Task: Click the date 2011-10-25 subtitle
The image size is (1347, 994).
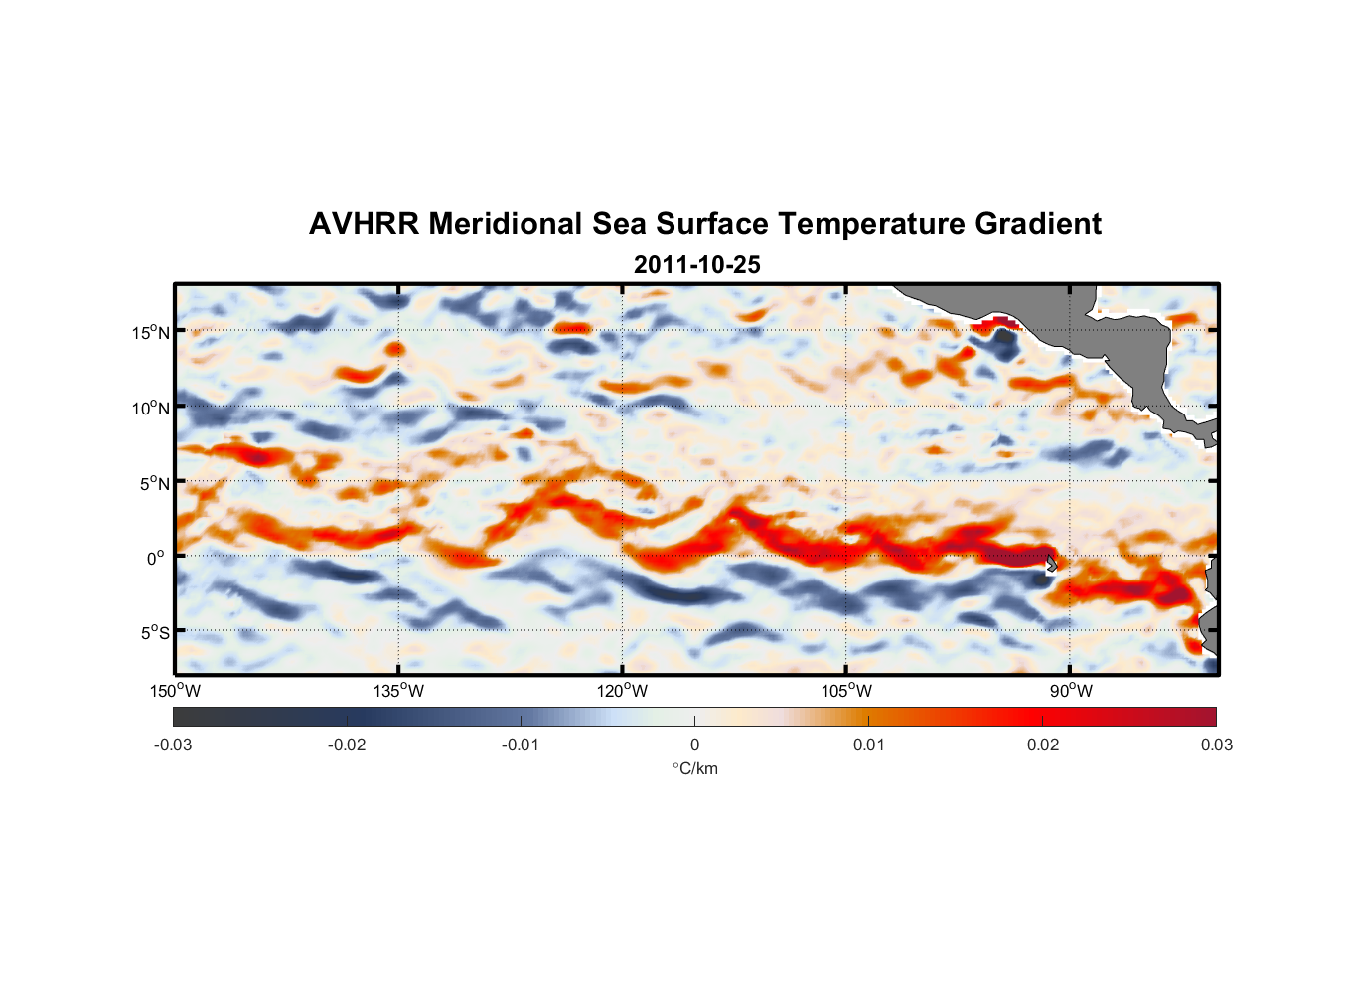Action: point(696,265)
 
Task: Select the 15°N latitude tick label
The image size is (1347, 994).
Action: point(151,332)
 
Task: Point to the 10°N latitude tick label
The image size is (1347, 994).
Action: point(151,408)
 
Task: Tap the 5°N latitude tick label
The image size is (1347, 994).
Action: point(154,483)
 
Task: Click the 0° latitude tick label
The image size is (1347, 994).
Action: point(155,558)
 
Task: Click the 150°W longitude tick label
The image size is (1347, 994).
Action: point(176,691)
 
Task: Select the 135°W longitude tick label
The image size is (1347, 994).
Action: point(399,691)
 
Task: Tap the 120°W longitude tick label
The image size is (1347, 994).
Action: point(623,691)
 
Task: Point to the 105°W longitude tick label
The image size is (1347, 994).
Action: point(846,691)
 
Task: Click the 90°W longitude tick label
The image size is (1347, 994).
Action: point(1071,691)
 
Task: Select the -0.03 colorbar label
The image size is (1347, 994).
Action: point(173,745)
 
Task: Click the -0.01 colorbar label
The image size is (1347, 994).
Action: point(520,745)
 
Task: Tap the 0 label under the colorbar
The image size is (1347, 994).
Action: point(694,745)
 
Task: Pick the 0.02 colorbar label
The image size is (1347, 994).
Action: point(1042,745)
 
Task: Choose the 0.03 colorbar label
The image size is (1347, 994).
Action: point(1216,745)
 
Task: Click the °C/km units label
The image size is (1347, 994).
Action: point(694,768)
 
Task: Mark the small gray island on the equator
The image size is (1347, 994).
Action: point(1051,564)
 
